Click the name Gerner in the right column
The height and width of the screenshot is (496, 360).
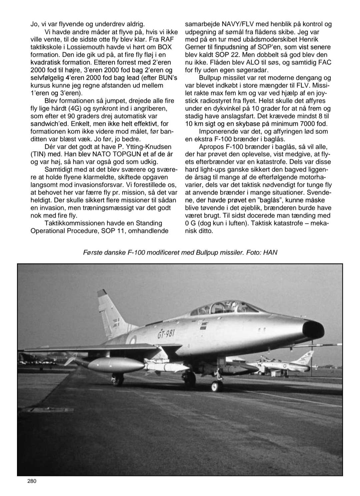[196, 47]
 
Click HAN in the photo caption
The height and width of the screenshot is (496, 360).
[270, 253]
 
